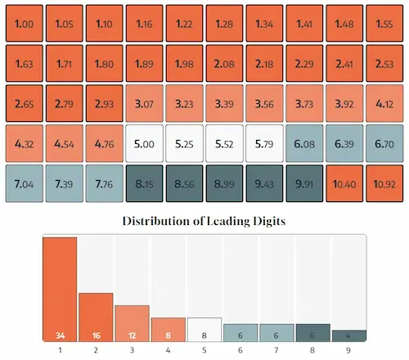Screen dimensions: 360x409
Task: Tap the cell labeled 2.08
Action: tap(224, 64)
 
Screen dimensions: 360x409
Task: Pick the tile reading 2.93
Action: tap(103, 104)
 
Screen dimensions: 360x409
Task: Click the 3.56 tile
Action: tap(264, 104)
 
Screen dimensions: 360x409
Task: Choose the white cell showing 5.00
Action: tap(144, 144)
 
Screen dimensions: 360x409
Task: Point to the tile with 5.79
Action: tap(264, 144)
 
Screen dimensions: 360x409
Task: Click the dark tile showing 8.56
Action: tap(184, 184)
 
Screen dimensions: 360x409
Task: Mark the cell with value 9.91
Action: tap(304, 184)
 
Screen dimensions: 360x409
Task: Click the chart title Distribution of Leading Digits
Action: tap(204, 221)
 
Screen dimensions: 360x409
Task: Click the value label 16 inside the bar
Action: tap(96, 335)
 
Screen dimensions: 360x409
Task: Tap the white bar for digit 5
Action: tap(204, 330)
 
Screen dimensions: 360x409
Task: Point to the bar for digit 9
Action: tap(348, 335)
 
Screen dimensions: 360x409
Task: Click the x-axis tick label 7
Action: tap(276, 349)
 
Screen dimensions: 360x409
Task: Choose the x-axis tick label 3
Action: tap(133, 349)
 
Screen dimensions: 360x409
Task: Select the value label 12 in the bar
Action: tap(132, 335)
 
